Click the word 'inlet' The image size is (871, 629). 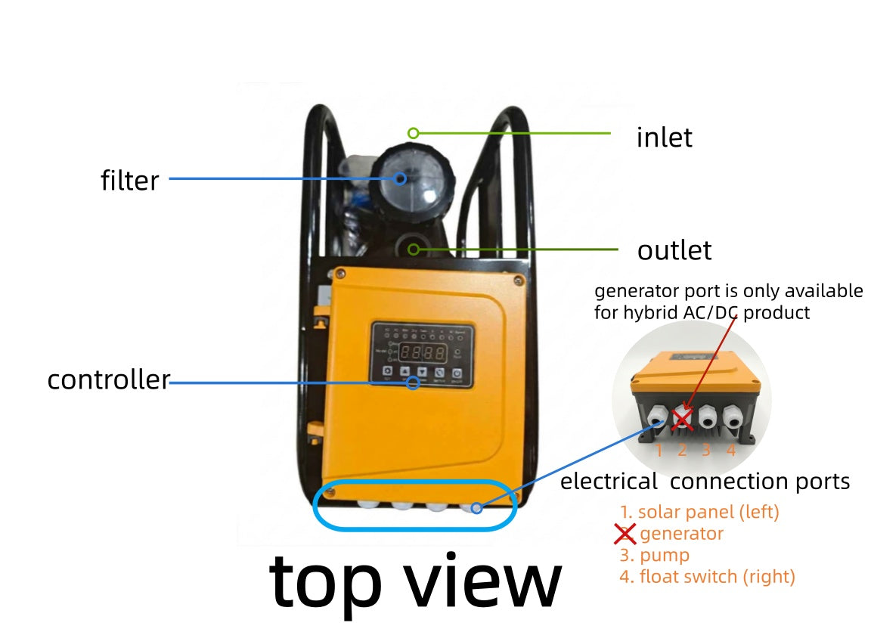click(x=664, y=138)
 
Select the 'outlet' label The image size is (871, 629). click(x=674, y=250)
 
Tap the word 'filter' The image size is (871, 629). click(x=130, y=181)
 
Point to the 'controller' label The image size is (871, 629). click(x=108, y=380)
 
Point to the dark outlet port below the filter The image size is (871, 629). click(x=413, y=248)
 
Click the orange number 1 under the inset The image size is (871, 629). click(x=659, y=451)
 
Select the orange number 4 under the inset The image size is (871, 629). click(x=731, y=451)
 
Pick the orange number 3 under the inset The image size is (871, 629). click(x=706, y=451)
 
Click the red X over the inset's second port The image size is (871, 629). click(x=683, y=417)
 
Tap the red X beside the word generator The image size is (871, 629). click(x=625, y=534)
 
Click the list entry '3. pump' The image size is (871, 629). click(x=654, y=555)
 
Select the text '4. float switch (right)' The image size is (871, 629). click(x=707, y=577)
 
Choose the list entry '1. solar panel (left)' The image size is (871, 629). click(x=699, y=512)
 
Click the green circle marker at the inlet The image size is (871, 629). click(x=413, y=133)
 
